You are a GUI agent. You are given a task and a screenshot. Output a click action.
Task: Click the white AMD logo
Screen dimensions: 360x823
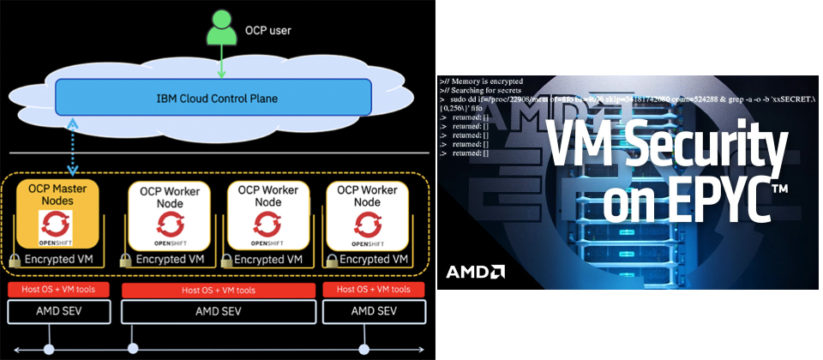click(475, 273)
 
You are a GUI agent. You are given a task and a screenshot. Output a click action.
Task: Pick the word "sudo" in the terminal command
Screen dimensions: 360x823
click(457, 99)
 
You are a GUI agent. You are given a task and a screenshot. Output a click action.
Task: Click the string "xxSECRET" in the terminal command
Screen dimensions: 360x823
click(789, 99)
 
